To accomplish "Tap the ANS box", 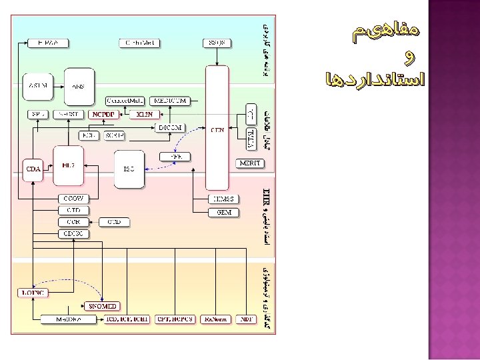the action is pos(79,86).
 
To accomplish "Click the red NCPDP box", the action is pos(103,114).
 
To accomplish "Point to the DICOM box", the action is pos(170,127).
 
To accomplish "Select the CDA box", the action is pos(33,169).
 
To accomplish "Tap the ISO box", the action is pos(129,169).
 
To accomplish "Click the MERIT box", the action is pos(250,163).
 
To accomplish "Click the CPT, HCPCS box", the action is pos(175,319).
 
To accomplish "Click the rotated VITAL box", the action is pos(251,139).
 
